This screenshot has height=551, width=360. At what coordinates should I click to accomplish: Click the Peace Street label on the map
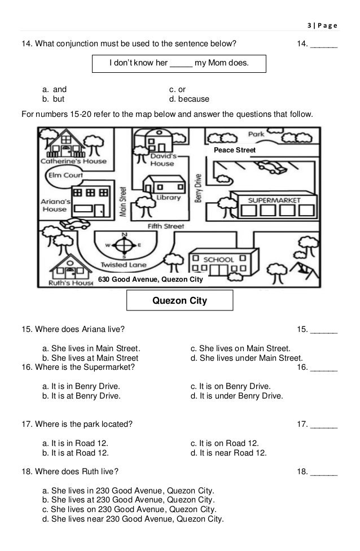pos(235,151)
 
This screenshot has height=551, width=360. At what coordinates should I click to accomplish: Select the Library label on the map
pos(169,198)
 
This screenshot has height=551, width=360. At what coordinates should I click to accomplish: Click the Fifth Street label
pos(165,226)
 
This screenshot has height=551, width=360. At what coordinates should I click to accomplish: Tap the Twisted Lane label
pos(123,264)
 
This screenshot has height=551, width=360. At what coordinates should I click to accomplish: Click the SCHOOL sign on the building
pos(218,259)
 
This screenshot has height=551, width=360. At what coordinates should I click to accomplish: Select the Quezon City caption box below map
pos(180,301)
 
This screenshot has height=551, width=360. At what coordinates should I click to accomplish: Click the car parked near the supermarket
pos(270,167)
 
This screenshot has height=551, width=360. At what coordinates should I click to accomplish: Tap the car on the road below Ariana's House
pos(74,222)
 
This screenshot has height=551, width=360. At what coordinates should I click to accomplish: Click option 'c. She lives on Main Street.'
pos(240,348)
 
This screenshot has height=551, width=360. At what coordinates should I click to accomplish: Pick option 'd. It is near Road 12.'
pos(229,452)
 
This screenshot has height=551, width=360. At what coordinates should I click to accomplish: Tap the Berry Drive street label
pos(198,187)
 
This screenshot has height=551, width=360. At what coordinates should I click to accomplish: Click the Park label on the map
pos(257,134)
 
